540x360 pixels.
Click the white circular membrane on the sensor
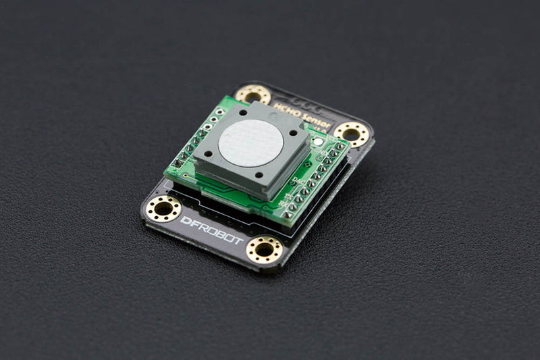(x=251, y=142)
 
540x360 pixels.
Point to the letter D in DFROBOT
(x=185, y=220)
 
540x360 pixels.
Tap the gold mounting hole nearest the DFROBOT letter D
(x=163, y=208)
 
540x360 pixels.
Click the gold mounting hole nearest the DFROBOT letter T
(x=265, y=249)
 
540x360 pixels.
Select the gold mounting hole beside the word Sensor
(x=351, y=134)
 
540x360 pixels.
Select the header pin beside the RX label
(x=292, y=206)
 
